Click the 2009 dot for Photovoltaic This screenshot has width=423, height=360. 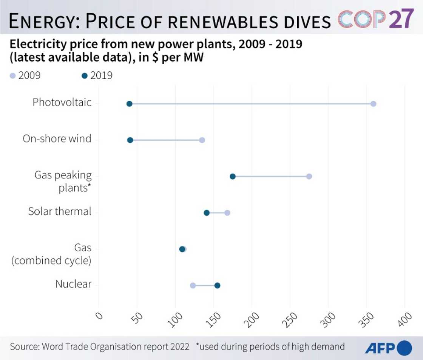point(373,104)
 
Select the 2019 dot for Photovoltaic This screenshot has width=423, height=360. point(129,104)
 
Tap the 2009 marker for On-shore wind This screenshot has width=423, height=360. point(202,140)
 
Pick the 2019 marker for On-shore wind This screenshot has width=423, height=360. point(130,140)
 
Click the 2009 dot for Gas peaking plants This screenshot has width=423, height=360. point(309,176)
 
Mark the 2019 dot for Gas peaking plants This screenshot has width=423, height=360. point(233,176)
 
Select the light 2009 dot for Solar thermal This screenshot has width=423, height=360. point(227,212)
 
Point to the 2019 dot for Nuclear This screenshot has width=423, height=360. point(217,285)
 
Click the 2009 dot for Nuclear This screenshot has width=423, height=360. point(193,285)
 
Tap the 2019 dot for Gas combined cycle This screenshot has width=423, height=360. point(182,249)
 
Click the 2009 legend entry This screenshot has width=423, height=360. point(25,75)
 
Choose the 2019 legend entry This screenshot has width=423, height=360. point(97,75)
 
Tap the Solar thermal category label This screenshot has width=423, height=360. point(60,211)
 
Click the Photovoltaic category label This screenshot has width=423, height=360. point(62,102)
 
